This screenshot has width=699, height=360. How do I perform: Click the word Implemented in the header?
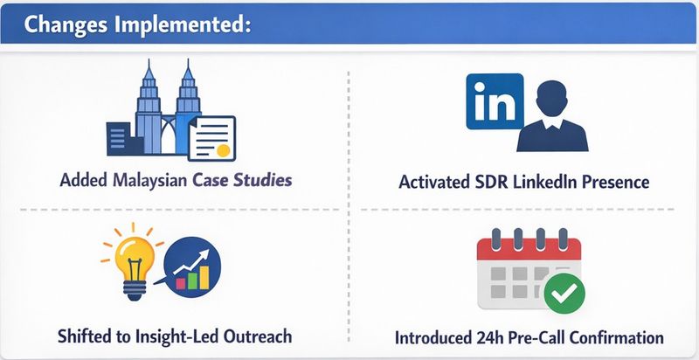pos(186,24)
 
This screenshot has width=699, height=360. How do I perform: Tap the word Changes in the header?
pos(66,24)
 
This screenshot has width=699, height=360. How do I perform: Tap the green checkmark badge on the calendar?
pos(566,294)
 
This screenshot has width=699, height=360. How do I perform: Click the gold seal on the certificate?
pos(223,149)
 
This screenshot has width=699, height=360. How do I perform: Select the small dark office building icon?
pos(118,141)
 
